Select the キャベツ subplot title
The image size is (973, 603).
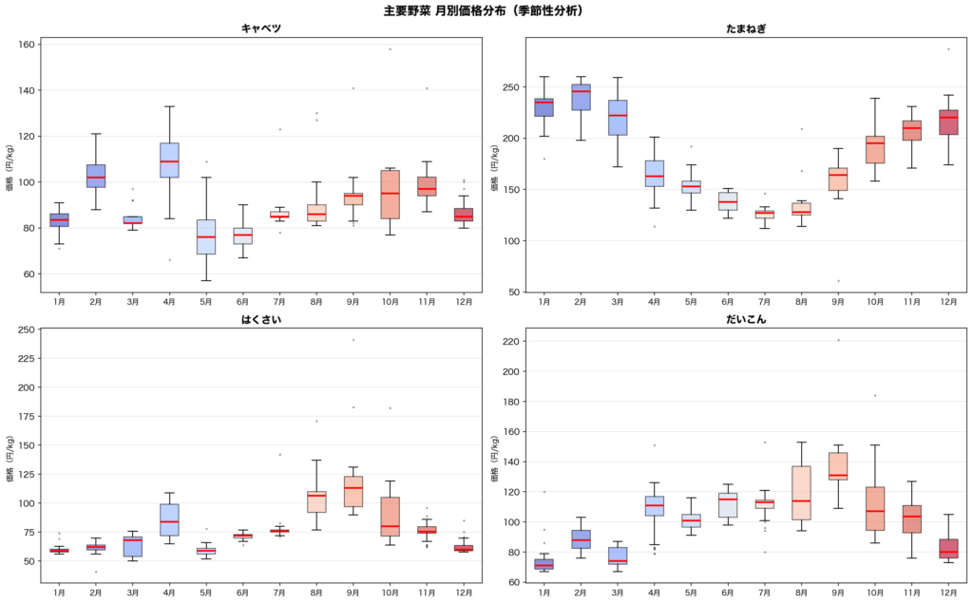(261, 28)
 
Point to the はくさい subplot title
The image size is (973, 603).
(261, 319)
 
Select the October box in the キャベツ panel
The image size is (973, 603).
(390, 194)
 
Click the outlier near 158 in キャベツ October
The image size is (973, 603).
(390, 48)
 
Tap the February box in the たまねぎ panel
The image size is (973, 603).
(581, 98)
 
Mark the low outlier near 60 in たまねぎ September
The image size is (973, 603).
(838, 280)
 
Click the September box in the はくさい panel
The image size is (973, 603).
(353, 484)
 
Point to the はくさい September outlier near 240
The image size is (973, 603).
(353, 340)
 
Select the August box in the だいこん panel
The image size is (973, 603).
(801, 493)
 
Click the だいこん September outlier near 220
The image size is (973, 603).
(838, 340)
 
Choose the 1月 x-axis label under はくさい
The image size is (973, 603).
(59, 593)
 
